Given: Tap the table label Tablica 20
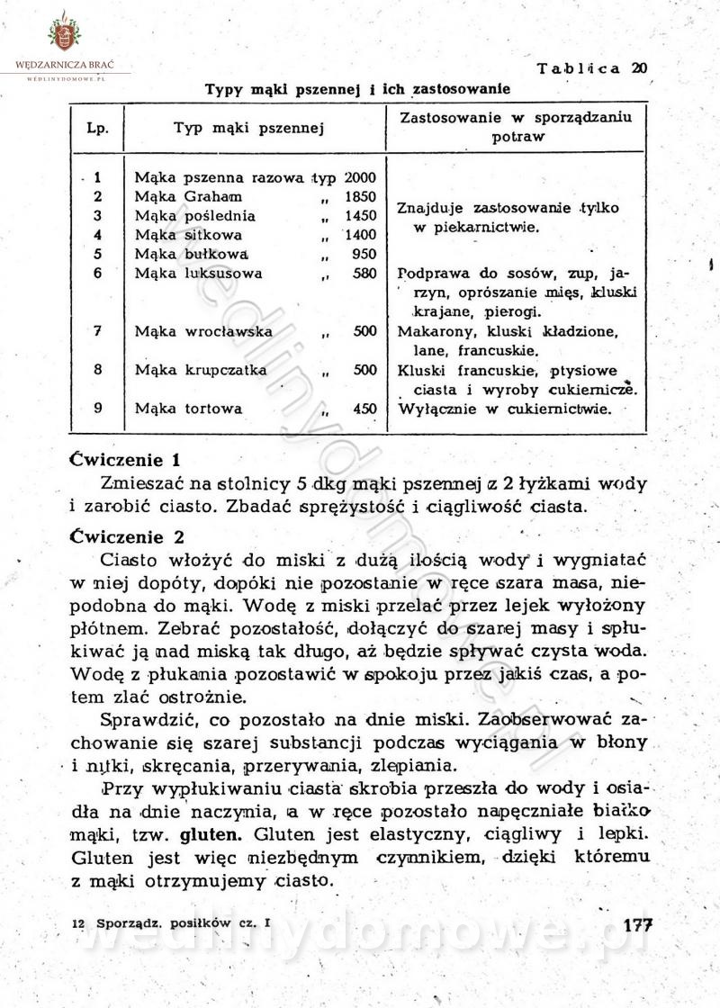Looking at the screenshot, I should point(591,68).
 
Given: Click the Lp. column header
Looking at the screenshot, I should point(96,129).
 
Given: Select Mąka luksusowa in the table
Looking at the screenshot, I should point(198,273).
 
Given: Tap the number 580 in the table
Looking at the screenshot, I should point(364,273).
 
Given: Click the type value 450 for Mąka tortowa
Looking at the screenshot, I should point(364,408).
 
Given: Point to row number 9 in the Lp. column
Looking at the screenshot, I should point(96,407).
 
